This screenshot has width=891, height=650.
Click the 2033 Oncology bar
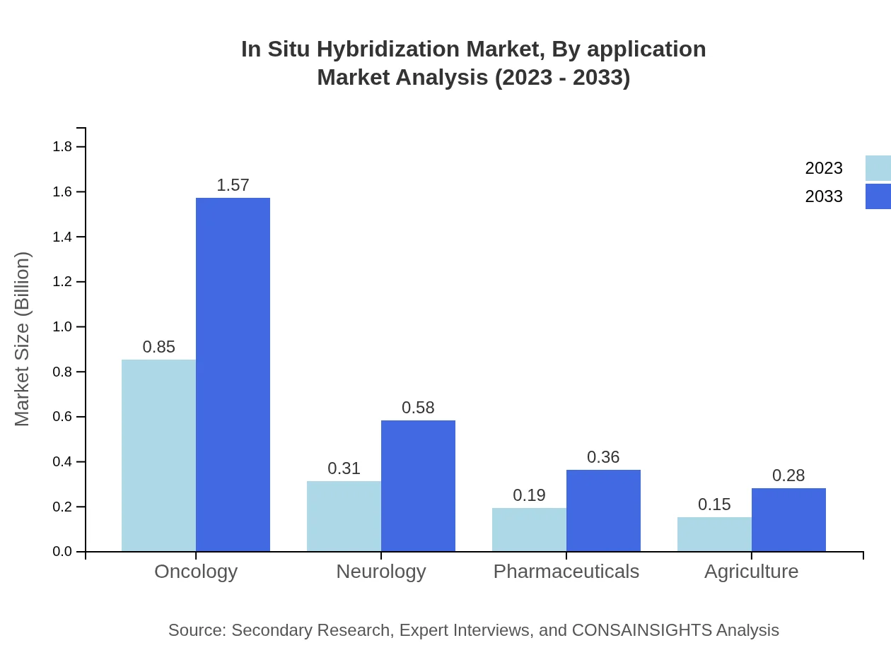tap(233, 374)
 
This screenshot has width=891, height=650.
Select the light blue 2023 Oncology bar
tap(158, 456)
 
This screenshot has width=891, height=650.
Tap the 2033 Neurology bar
tap(418, 486)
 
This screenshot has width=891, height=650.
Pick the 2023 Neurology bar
tap(344, 516)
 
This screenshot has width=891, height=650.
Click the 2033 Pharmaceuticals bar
tap(603, 511)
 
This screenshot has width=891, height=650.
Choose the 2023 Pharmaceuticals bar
tap(529, 530)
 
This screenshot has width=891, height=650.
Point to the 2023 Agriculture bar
tap(714, 534)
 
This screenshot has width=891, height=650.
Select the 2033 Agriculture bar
tap(788, 520)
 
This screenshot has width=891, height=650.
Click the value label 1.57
tap(233, 185)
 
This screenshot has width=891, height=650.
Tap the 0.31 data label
tap(344, 468)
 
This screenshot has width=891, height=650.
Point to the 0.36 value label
tap(603, 457)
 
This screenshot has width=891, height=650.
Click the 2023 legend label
tap(824, 168)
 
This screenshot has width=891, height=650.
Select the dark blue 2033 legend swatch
tap(878, 196)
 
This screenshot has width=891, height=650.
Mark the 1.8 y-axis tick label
tap(63, 147)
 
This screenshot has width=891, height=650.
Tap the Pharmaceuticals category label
tap(566, 571)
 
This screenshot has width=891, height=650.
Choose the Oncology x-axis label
tap(196, 571)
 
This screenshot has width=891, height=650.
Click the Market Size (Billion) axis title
tap(23, 339)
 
